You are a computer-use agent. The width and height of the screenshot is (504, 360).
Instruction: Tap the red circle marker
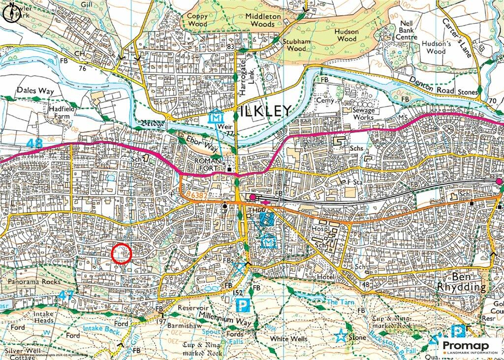pyautogui.click(x=122, y=254)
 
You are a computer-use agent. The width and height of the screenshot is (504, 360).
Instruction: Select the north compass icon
pyautogui.click(x=11, y=14)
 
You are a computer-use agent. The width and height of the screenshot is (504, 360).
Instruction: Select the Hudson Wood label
pyautogui.click(x=347, y=35)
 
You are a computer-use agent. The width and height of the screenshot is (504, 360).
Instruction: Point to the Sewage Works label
pyautogui.click(x=364, y=114)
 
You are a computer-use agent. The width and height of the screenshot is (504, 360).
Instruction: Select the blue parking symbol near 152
pyautogui.click(x=242, y=305)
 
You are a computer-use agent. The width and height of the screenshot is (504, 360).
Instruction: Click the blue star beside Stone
pyautogui.click(x=340, y=337)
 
